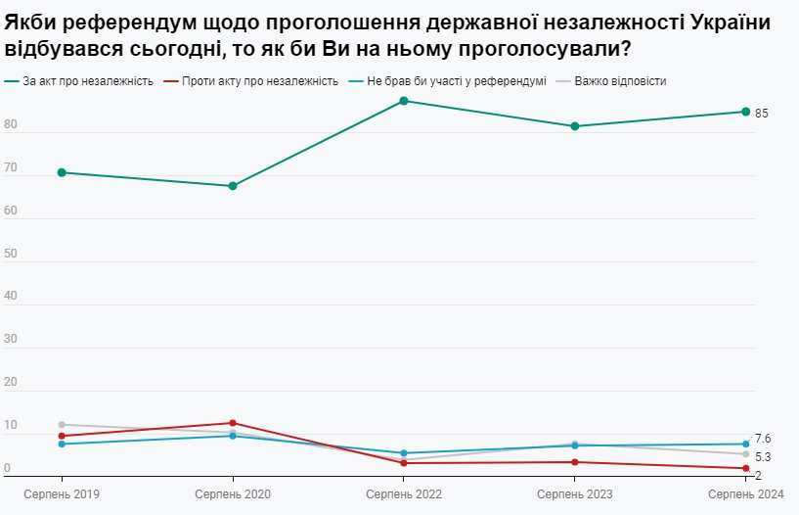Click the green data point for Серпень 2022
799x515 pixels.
coord(403,101)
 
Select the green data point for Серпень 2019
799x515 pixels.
coord(62,172)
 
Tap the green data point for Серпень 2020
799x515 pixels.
coord(233,186)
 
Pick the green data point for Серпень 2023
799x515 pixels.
coord(574,126)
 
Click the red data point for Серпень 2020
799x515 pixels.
coord(233,423)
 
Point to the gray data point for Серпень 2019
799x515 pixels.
coord(62,425)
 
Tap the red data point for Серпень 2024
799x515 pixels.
coord(745,468)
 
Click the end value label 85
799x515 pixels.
coord(762,114)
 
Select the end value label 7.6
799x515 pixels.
coord(763,439)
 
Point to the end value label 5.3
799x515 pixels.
coord(763,457)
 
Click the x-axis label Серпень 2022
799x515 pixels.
coord(404,495)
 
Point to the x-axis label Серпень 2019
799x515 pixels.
coord(62,495)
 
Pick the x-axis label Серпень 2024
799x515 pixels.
coord(746,495)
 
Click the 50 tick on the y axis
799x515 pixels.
coord(10,255)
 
